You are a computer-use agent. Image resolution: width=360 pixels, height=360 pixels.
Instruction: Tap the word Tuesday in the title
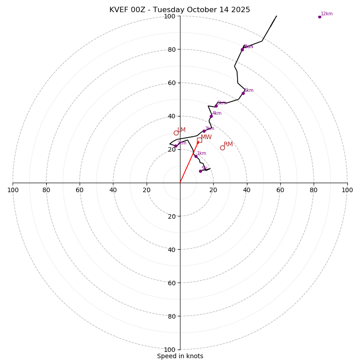tap(171, 10)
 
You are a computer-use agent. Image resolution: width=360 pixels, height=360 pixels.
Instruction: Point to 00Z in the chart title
tap(140, 10)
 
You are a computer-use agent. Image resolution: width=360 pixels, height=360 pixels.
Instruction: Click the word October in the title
tap(205, 10)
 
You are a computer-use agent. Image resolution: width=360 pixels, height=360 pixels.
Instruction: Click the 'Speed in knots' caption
tap(180, 356)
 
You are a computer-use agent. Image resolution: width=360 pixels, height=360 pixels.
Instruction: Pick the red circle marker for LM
tap(176, 133)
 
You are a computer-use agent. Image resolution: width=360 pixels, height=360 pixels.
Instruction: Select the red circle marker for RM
tap(222, 148)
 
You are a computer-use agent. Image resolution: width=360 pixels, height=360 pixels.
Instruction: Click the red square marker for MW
tap(199, 140)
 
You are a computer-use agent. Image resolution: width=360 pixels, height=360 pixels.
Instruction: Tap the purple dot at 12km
tap(319, 17)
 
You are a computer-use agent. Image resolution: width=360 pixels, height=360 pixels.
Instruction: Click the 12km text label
tap(327, 14)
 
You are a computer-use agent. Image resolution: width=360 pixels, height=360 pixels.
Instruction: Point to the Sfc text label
tap(204, 168)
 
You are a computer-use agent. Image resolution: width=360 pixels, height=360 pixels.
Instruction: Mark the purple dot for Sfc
tap(200, 171)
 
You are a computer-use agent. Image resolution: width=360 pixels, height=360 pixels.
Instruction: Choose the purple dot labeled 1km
tap(196, 157)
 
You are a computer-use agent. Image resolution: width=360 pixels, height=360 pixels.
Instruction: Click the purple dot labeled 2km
tap(175, 146)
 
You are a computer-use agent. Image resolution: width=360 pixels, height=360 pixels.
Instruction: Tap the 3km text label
tap(210, 129)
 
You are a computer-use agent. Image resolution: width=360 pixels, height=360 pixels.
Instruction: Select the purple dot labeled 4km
tap(211, 116)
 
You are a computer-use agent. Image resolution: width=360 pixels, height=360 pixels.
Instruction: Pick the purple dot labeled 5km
tap(216, 106)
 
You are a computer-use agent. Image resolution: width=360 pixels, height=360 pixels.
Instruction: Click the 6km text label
tap(249, 90)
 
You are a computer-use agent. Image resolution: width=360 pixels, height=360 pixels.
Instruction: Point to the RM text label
tap(228, 144)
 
